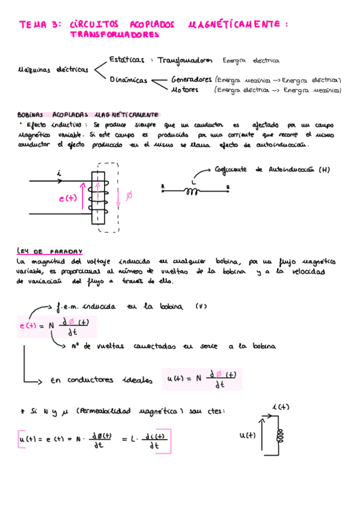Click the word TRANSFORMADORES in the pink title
115,35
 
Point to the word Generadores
191,79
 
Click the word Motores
185,90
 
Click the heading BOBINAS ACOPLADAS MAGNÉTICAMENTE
105,114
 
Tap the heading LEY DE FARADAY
50,251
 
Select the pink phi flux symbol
129,196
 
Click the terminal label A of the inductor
163,187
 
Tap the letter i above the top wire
59,173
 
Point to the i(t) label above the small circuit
281,407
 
